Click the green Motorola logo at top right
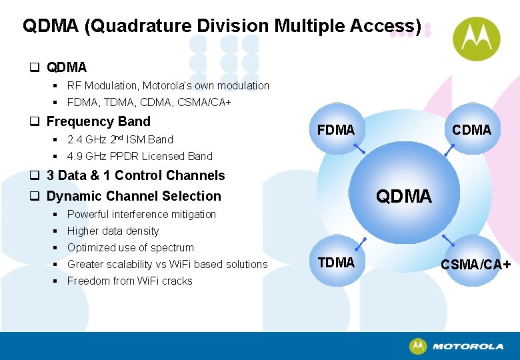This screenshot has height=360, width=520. [x=476, y=39]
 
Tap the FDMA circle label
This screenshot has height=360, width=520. [x=336, y=130]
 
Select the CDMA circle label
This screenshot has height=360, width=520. [x=471, y=130]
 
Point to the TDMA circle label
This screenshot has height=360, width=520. [x=336, y=263]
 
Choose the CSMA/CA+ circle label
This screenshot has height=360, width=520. [x=476, y=265]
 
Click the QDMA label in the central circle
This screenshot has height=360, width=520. [x=404, y=196]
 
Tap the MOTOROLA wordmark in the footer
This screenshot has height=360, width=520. [x=467, y=347]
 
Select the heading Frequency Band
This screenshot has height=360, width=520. [x=98, y=121]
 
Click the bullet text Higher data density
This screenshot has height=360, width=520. [x=113, y=231]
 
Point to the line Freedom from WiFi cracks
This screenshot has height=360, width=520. [x=129, y=281]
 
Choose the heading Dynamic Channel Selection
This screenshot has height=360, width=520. [x=133, y=196]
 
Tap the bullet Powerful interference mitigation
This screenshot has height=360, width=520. [x=141, y=214]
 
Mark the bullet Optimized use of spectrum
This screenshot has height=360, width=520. [x=130, y=247]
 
